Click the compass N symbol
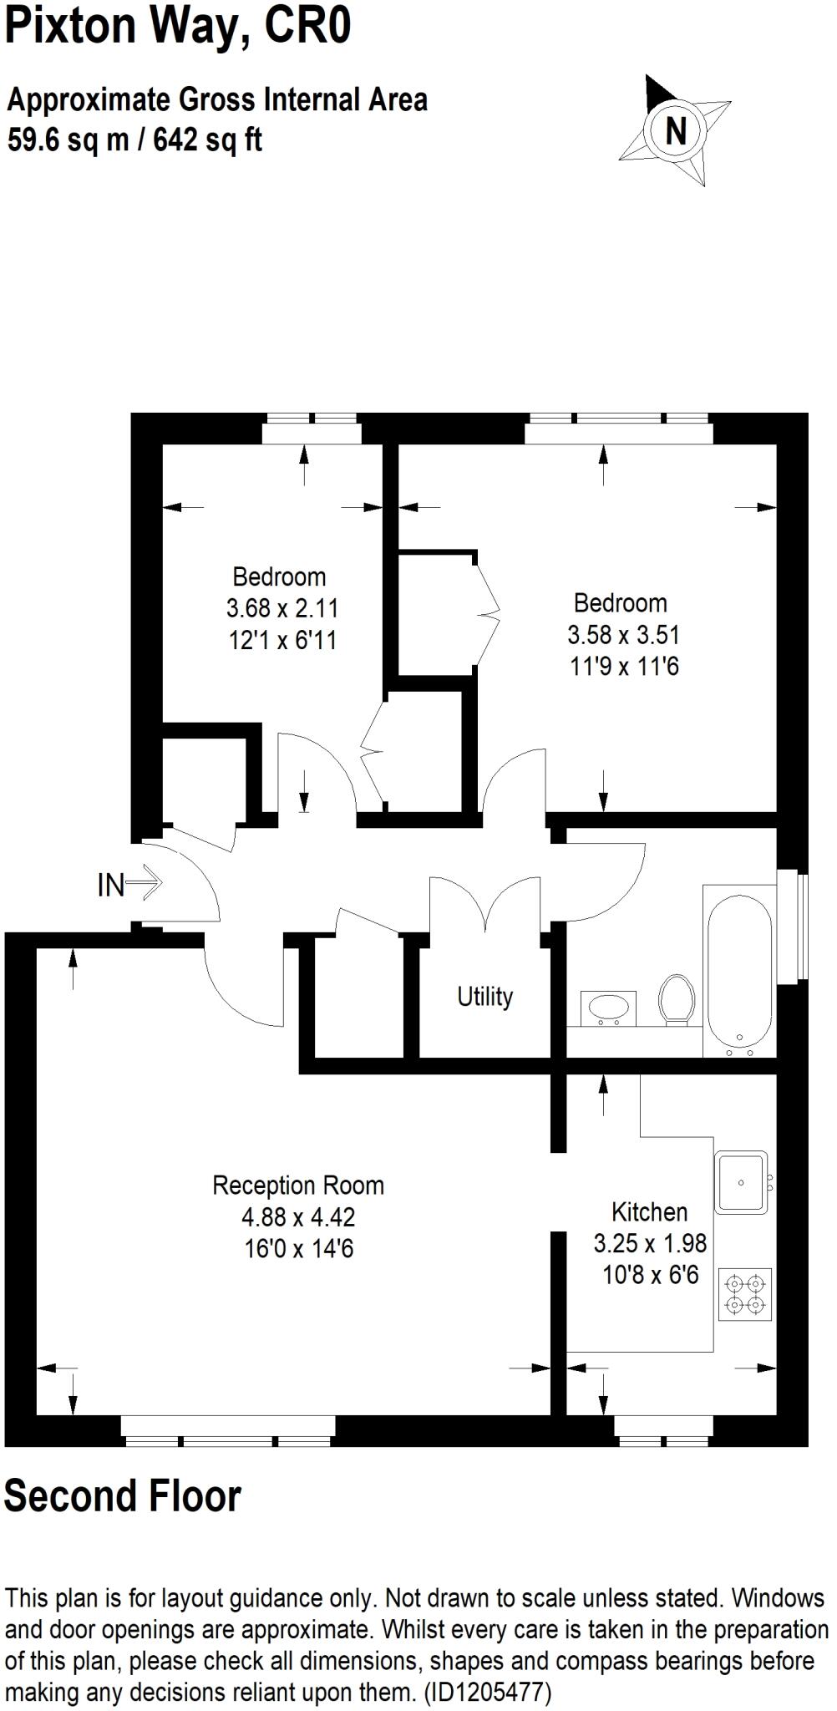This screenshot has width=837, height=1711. (675, 131)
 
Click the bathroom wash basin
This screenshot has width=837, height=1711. (607, 1008)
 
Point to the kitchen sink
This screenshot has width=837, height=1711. (741, 1182)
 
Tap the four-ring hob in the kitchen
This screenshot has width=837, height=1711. (744, 1294)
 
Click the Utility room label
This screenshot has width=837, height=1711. (484, 997)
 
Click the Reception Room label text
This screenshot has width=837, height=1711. (298, 1186)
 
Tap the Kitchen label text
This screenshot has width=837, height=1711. (649, 1212)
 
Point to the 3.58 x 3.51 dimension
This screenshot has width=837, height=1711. (623, 635)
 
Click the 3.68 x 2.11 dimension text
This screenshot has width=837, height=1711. (282, 608)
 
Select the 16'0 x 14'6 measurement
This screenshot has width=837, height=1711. (298, 1249)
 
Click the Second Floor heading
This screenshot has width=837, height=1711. (123, 1495)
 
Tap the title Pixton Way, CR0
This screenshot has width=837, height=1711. (178, 28)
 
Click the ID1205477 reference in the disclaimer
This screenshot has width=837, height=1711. (488, 1693)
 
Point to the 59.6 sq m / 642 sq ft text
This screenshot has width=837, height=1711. (135, 140)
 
